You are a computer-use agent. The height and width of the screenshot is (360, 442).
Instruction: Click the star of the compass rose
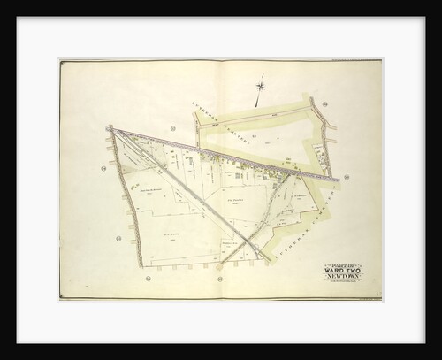pyautogui.click(x=261, y=86)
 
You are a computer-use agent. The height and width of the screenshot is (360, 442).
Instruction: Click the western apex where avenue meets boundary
pyautogui.click(x=110, y=129)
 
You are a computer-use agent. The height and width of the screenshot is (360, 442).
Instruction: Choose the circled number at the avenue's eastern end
pyautogui.click(x=347, y=177)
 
